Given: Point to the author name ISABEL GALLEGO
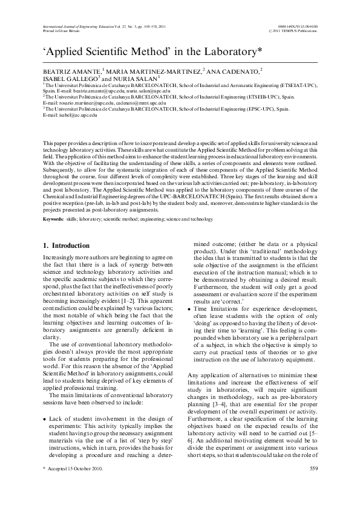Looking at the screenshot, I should pyautogui.click(x=64, y=79).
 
